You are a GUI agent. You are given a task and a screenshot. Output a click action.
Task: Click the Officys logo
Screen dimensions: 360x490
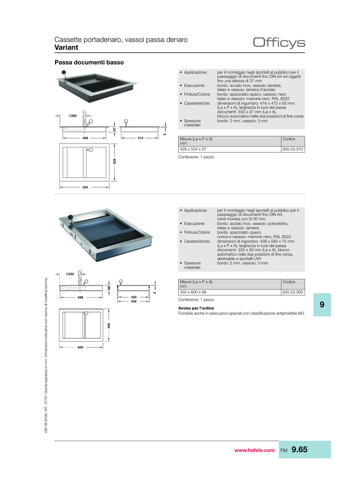(279, 43)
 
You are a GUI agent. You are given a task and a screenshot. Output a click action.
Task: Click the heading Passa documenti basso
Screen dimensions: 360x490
(89, 63)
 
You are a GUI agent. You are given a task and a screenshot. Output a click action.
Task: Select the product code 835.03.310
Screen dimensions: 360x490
(293, 149)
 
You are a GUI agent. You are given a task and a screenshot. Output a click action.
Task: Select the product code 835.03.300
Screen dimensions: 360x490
(293, 292)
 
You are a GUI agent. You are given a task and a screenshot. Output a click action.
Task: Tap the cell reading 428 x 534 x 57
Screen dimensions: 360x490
(193, 149)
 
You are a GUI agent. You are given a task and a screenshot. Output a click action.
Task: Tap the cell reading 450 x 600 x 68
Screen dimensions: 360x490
(193, 292)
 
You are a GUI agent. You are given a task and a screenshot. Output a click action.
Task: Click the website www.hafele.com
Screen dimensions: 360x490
(254, 450)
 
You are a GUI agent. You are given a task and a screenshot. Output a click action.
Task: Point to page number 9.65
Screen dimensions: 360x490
(299, 449)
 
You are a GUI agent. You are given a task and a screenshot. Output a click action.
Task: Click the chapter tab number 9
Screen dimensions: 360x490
(322, 304)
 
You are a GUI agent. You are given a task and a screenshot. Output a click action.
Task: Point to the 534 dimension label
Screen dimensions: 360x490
(85, 187)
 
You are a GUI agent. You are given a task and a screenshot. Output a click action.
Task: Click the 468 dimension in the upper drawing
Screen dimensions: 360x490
(85, 138)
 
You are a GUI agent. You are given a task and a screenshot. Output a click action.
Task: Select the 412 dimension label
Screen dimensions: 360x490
(141, 138)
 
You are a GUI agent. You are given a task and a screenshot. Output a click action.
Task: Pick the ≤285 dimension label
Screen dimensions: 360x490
(73, 116)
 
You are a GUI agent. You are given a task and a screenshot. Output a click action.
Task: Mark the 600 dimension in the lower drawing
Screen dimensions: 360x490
(80, 347)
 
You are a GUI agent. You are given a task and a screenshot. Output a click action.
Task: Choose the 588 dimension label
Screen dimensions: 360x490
(80, 298)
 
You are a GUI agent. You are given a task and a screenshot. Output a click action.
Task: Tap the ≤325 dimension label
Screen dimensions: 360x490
(70, 274)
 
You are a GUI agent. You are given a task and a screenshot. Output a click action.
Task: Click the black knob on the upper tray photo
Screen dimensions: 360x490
(64, 72)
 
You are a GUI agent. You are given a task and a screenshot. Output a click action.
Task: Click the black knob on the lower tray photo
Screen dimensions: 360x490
(71, 217)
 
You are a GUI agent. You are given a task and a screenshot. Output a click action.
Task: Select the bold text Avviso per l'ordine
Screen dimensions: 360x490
(196, 308)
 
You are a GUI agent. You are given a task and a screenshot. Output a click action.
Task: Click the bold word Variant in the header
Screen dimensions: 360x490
(66, 47)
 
